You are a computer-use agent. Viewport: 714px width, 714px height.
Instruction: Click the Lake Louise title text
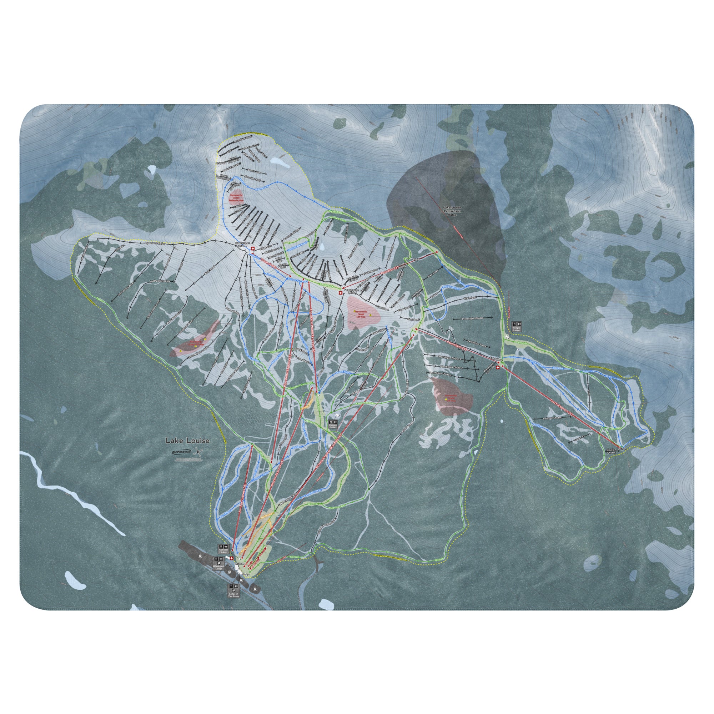coord(187,441)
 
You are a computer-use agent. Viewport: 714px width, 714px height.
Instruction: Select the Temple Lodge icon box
coord(516,326)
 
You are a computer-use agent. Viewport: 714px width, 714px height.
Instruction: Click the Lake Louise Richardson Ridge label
coord(452,211)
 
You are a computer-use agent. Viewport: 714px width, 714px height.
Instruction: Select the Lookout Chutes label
coord(552,418)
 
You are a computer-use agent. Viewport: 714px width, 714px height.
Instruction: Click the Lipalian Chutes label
coord(611,451)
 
